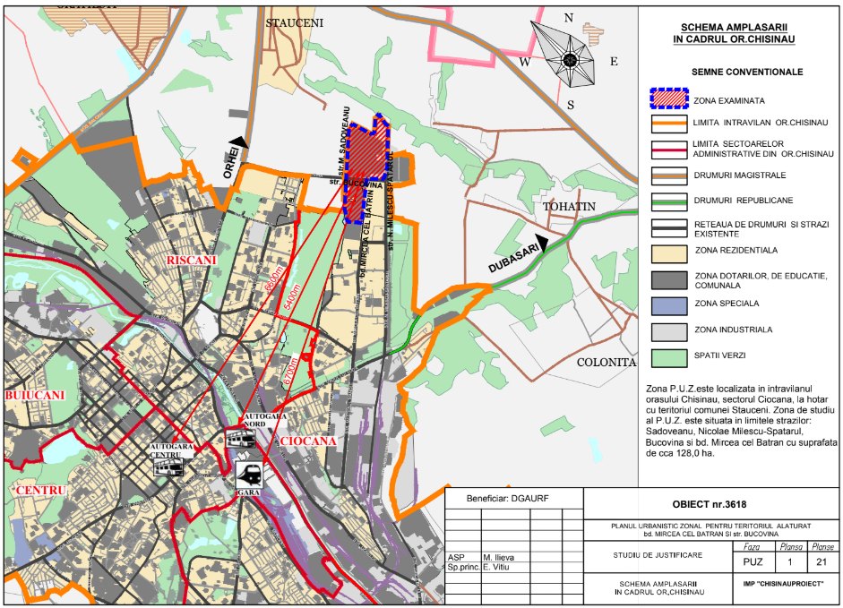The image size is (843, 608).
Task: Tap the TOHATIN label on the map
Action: coord(569,207)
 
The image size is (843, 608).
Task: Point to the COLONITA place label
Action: coord(606,363)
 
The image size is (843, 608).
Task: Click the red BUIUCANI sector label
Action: coord(34,395)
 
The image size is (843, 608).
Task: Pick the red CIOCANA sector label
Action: coord(307,441)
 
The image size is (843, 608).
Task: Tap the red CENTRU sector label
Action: coord(40,491)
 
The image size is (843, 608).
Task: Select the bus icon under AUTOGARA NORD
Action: coord(241,439)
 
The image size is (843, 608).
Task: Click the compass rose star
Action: coord(570,59)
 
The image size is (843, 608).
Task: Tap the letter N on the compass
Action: coord(568,18)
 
